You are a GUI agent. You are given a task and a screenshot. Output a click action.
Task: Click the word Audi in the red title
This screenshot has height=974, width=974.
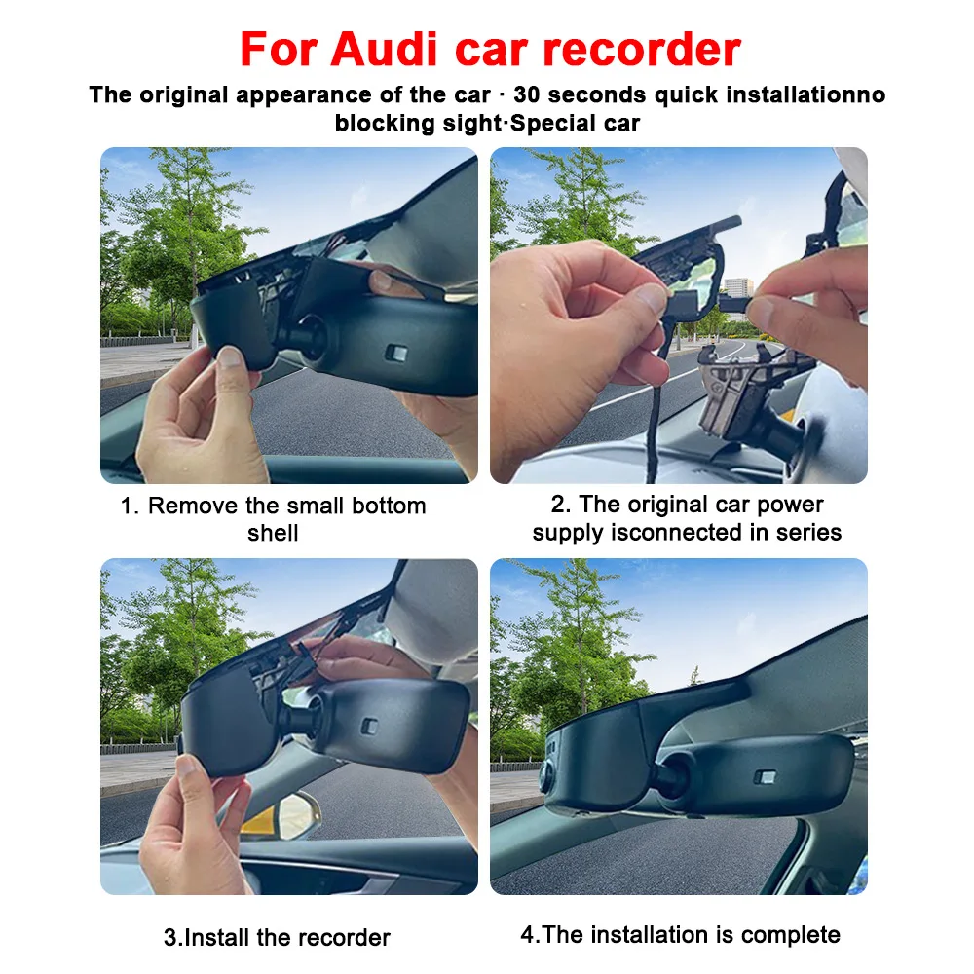click(x=384, y=49)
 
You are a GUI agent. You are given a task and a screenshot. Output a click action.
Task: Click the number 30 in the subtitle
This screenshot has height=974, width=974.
click(x=527, y=94)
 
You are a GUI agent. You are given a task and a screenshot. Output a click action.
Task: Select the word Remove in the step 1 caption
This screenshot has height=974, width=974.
click(x=193, y=506)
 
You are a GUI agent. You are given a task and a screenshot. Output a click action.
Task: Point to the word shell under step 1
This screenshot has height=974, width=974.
click(x=273, y=533)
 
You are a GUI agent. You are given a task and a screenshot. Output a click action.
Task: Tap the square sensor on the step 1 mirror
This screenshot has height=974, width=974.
click(x=396, y=354)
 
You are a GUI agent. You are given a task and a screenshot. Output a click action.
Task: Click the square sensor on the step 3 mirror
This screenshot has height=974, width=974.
click(x=369, y=727)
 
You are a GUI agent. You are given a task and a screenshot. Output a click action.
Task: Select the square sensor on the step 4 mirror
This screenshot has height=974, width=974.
click(x=765, y=777)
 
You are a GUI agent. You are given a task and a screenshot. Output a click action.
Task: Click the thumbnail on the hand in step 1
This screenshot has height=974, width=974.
click(x=230, y=356)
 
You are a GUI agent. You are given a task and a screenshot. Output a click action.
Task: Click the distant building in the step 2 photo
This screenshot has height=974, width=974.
click(x=738, y=296)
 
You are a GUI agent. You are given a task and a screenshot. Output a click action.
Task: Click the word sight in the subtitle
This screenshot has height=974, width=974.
click(x=470, y=123)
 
